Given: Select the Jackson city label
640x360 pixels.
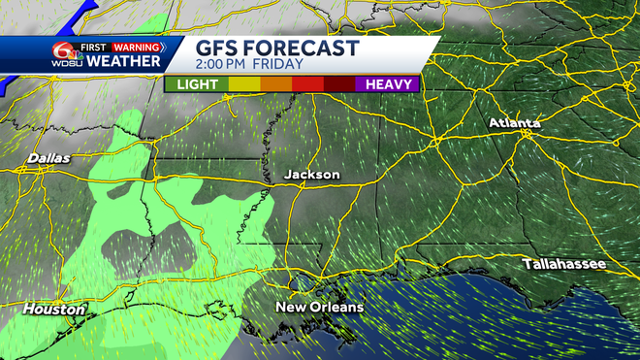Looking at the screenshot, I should tap(311, 175).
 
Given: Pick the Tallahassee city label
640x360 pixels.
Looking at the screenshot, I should tap(563, 264).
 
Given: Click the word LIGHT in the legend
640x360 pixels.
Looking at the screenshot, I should tap(198, 84).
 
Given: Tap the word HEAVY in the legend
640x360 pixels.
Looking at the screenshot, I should tap(391, 84).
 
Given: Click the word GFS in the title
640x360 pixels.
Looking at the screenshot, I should tap(220, 49).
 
